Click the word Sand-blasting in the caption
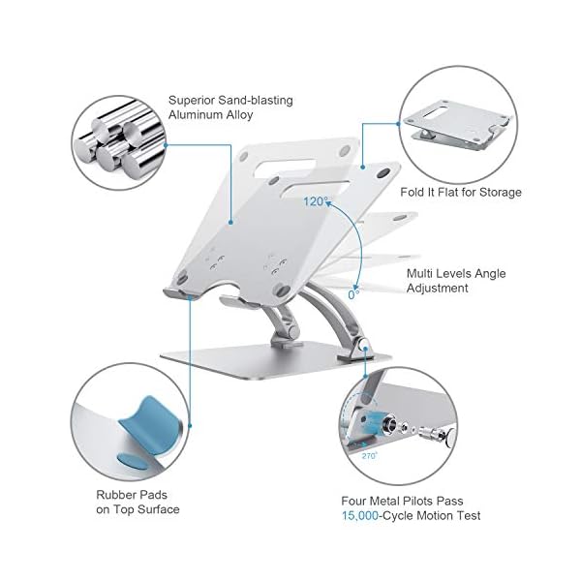[x=256, y=100]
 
